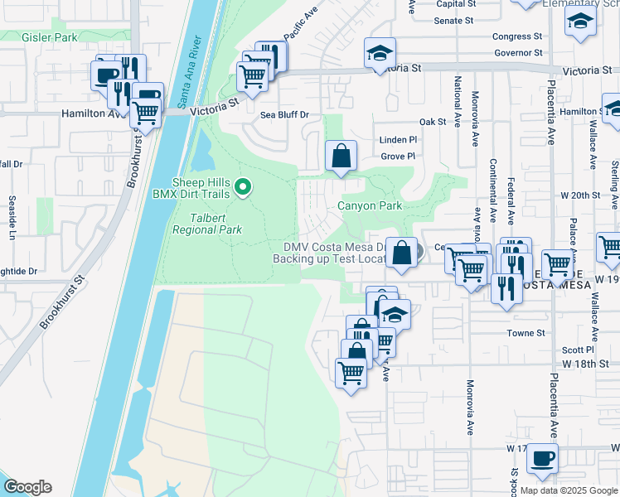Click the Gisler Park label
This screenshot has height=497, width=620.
[x=51, y=37]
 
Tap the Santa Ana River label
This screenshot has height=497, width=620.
[x=190, y=72]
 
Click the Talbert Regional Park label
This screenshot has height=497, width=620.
[x=207, y=223]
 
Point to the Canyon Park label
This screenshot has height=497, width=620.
[x=369, y=205]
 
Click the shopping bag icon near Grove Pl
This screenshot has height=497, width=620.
[x=341, y=155]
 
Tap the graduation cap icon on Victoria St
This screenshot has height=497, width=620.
[x=379, y=55]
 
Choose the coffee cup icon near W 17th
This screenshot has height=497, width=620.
[x=542, y=458]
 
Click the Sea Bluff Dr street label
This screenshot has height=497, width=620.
[x=284, y=115]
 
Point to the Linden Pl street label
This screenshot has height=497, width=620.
[x=397, y=140]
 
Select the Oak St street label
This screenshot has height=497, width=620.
[x=433, y=122]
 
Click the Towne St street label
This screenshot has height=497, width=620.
[x=526, y=333]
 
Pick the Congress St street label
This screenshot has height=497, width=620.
[x=516, y=36]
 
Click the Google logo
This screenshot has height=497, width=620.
[x=27, y=487]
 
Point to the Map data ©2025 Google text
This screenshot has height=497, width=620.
[x=568, y=490]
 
